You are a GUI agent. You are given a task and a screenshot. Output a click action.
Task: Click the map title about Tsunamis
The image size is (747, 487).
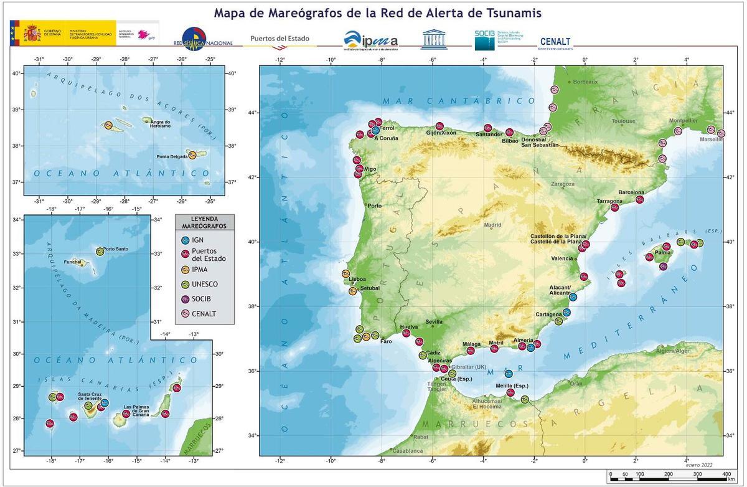point(377,12)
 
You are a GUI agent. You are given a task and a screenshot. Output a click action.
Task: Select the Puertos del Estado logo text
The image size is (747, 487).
point(280,39)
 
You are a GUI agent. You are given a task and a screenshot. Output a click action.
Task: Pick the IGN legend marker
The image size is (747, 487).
point(184,240)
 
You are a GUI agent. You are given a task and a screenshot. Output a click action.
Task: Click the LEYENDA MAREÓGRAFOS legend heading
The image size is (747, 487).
point(205,222)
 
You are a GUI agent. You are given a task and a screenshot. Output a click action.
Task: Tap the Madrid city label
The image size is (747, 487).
point(492,225)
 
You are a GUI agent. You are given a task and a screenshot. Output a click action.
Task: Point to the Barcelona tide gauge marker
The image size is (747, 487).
point(639,199)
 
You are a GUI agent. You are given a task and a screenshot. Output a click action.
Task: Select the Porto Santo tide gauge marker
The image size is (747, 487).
point(100,252)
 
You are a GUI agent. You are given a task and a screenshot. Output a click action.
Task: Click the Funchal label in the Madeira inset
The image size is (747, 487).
point(73,263)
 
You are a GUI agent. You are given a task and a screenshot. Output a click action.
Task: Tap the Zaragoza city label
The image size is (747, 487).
point(562,184)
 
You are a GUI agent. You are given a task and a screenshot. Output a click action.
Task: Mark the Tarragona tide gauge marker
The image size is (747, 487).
point(614,207)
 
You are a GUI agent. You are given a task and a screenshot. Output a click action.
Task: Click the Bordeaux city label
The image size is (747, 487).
point(585,82)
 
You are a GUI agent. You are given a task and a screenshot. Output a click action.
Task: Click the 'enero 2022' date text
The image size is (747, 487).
point(700,465)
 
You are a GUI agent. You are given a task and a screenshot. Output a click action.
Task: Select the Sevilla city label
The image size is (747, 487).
point(434,322)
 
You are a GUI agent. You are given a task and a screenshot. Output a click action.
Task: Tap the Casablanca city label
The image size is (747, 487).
point(408,450)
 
